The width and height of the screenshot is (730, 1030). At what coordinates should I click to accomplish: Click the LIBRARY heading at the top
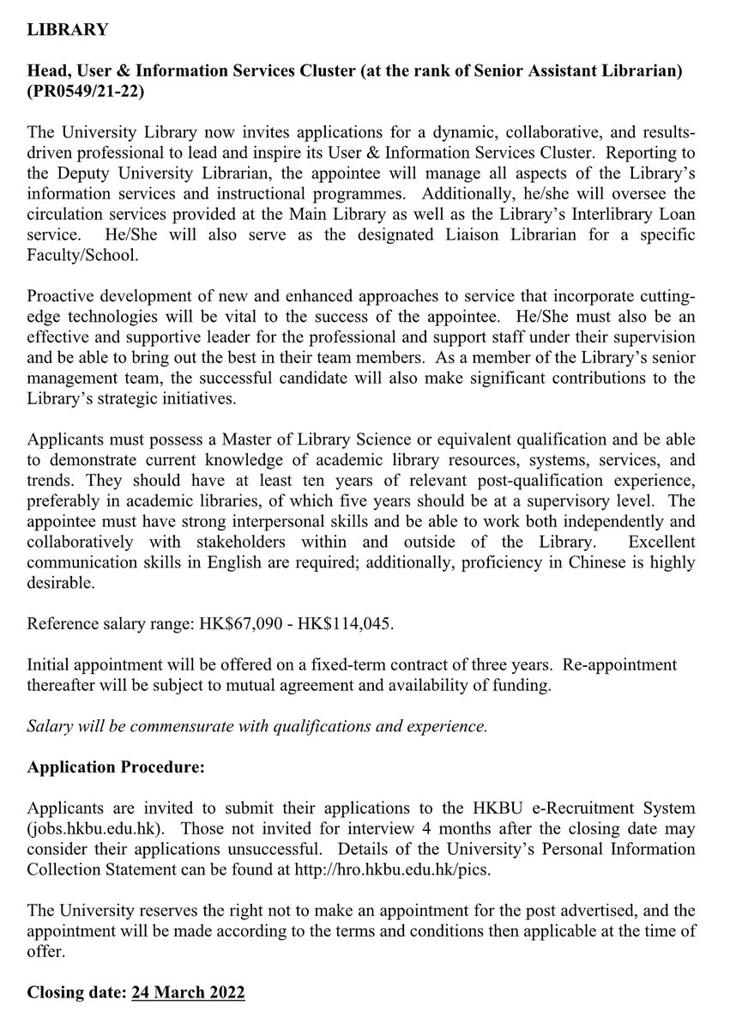pyautogui.click(x=68, y=30)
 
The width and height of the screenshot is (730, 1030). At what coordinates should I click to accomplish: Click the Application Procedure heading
pyautogui.click(x=116, y=766)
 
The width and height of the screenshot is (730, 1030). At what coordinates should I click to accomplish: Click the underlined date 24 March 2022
pyautogui.click(x=188, y=991)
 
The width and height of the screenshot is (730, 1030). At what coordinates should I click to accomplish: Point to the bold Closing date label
pyautogui.click(x=76, y=991)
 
